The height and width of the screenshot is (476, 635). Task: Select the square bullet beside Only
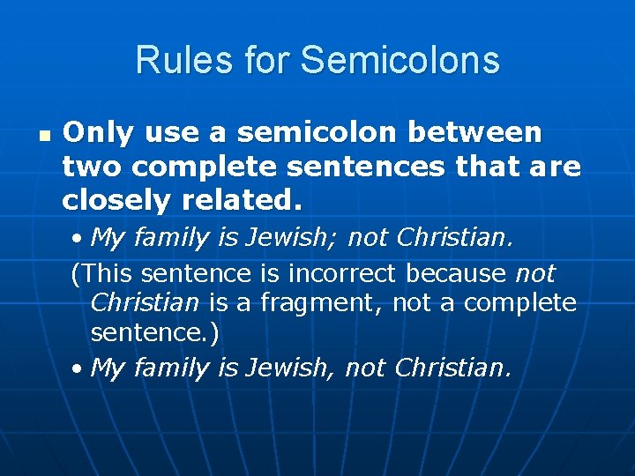pyautogui.click(x=42, y=138)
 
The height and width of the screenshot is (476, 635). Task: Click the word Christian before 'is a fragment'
pyautogui.click(x=145, y=303)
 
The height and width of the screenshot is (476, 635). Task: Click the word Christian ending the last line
pyautogui.click(x=452, y=368)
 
